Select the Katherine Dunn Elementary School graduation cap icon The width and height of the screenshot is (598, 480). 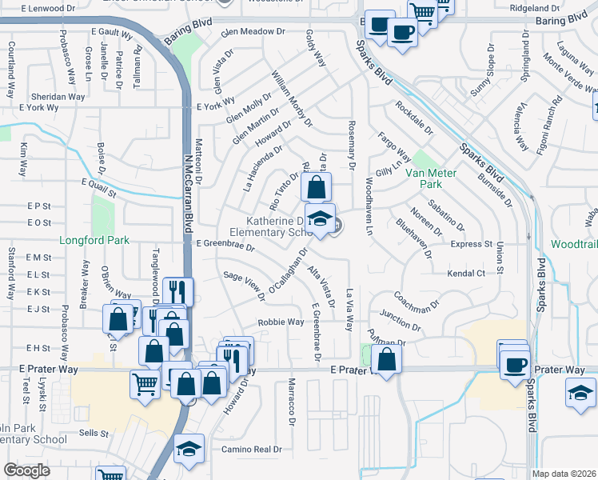pos(320,219)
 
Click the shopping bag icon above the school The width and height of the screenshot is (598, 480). pos(317,189)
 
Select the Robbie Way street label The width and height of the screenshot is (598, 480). pos(280,322)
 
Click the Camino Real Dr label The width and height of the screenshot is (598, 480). pos(252,450)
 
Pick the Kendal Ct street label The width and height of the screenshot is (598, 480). pos(468,273)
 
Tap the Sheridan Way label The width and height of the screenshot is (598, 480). pos(60,97)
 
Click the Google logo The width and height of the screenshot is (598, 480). pos(27,470)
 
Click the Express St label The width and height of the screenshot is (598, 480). pos(471,244)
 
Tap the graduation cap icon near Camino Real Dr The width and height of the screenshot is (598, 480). pos(189,449)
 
